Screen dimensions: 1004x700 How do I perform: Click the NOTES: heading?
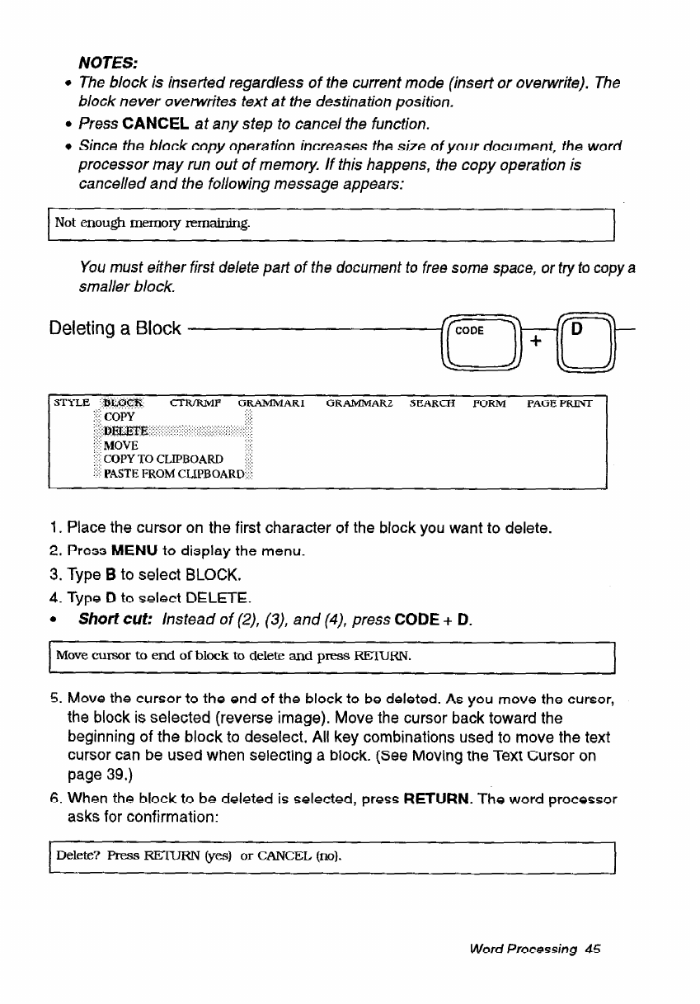click(107, 64)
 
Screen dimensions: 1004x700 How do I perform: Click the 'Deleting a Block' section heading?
click(115, 328)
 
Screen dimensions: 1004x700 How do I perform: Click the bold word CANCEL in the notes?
click(157, 125)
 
